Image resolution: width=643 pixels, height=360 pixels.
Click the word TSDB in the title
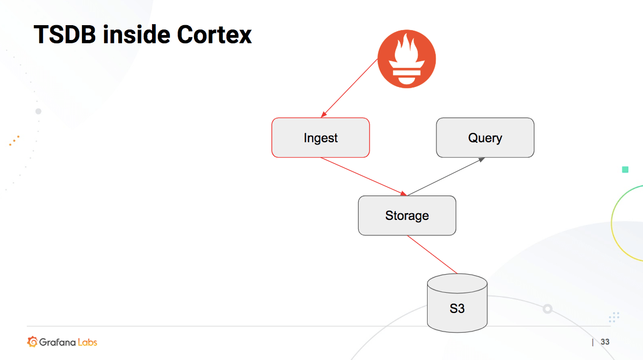(x=65, y=34)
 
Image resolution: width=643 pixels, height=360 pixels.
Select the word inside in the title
(x=136, y=34)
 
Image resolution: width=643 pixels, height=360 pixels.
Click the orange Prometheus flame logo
(x=407, y=59)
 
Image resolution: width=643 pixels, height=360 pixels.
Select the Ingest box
(x=320, y=138)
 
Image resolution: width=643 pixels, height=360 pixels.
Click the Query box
(x=485, y=138)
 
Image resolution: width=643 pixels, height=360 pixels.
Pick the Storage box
(x=407, y=216)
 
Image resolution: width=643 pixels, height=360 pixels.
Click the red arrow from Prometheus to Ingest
(x=350, y=88)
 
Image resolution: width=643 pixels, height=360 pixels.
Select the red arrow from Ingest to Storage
(x=364, y=176)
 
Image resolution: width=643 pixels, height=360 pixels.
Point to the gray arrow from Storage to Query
(x=446, y=177)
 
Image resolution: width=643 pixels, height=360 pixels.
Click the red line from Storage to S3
(x=432, y=254)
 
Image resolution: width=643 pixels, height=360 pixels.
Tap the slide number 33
(x=605, y=342)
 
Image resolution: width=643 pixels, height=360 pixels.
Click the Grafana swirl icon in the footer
(x=32, y=342)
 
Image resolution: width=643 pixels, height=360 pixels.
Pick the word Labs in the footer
(x=87, y=342)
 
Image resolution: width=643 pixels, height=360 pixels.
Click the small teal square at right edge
(x=625, y=170)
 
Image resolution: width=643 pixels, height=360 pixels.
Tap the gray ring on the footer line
(x=547, y=309)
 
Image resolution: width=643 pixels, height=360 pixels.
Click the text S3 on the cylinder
(x=457, y=309)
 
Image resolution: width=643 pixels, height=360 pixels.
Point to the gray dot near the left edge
(x=38, y=111)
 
